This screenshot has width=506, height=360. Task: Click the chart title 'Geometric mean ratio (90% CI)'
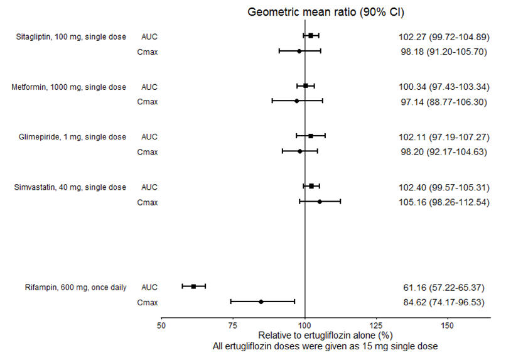(326, 12)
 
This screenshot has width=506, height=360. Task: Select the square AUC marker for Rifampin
(193, 286)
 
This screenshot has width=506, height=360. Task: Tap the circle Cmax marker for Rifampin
(261, 302)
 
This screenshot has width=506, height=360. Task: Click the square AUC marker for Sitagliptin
(311, 36)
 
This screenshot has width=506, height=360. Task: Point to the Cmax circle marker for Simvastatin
(320, 202)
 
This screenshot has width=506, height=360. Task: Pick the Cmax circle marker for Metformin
(296, 101)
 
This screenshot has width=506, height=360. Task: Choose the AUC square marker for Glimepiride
(310, 136)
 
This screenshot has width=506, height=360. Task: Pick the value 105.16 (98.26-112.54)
(444, 202)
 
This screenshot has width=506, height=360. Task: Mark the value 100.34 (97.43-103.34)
(444, 87)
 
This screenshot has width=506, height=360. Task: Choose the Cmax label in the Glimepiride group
(148, 152)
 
